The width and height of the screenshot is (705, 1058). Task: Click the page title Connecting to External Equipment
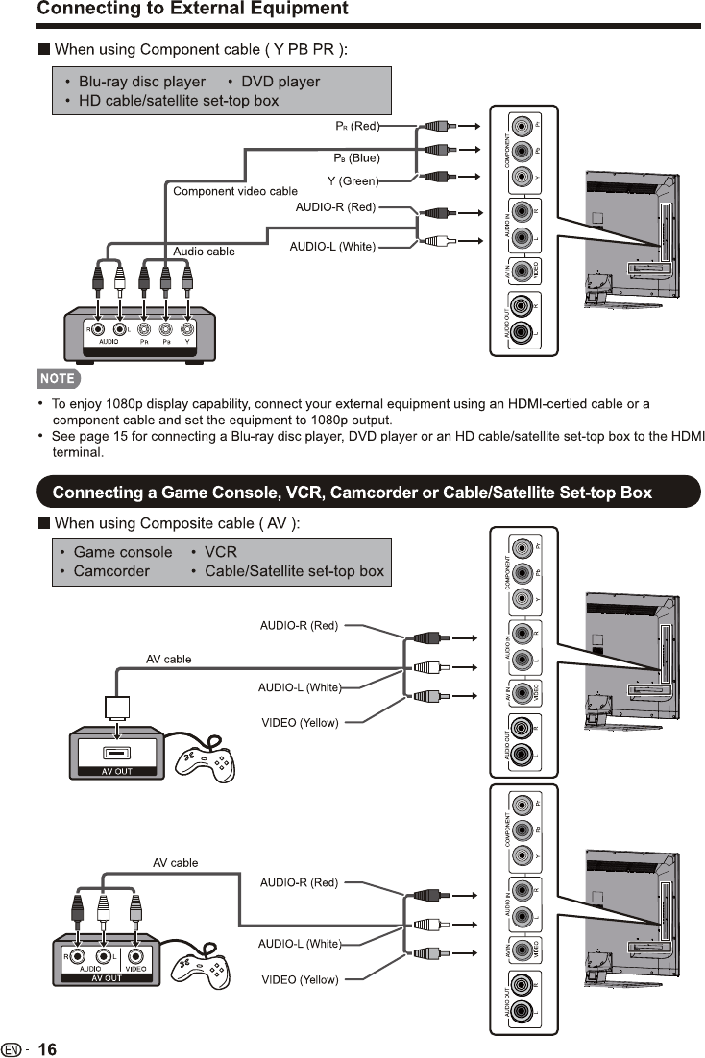click(192, 10)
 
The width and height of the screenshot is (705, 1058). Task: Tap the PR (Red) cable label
click(356, 126)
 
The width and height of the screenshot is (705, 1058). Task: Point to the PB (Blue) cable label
click(356, 157)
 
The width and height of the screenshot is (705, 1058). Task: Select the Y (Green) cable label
click(352, 180)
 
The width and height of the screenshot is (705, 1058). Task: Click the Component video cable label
click(234, 191)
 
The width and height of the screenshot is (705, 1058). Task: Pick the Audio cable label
click(204, 252)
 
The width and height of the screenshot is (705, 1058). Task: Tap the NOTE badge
click(57, 377)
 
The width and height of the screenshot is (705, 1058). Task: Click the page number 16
click(47, 1049)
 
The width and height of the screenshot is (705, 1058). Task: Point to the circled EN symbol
click(12, 1049)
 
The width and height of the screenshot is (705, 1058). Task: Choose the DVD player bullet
click(280, 82)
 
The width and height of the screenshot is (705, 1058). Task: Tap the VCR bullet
click(220, 552)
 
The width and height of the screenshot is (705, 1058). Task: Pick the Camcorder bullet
click(111, 571)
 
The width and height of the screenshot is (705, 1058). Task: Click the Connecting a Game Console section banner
click(352, 493)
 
